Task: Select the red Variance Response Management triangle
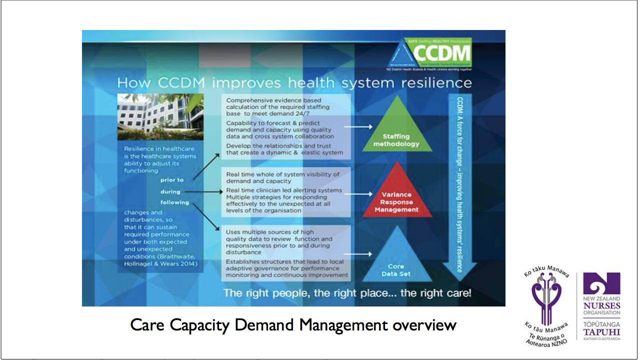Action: pyautogui.click(x=396, y=197)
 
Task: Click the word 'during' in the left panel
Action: pyautogui.click(x=170, y=191)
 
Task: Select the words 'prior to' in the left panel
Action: pyautogui.click(x=172, y=180)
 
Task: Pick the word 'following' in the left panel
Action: pyautogui.click(x=174, y=202)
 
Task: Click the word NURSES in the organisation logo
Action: pyautogui.click(x=601, y=305)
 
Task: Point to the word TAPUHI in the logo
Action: pyautogui.click(x=601, y=332)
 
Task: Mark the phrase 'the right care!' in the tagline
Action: pyautogui.click(x=435, y=293)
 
